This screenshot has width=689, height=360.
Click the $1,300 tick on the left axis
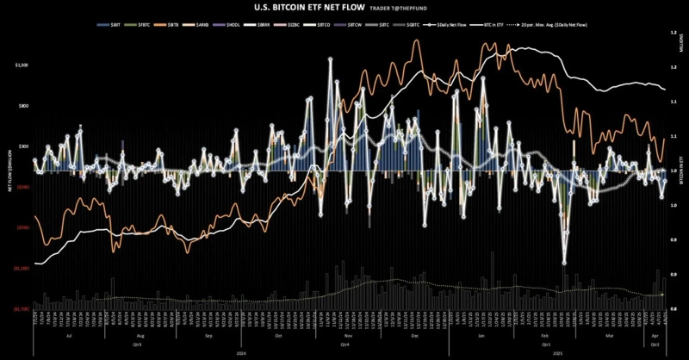click(22, 65)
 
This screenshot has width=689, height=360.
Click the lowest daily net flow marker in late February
click(564, 263)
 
